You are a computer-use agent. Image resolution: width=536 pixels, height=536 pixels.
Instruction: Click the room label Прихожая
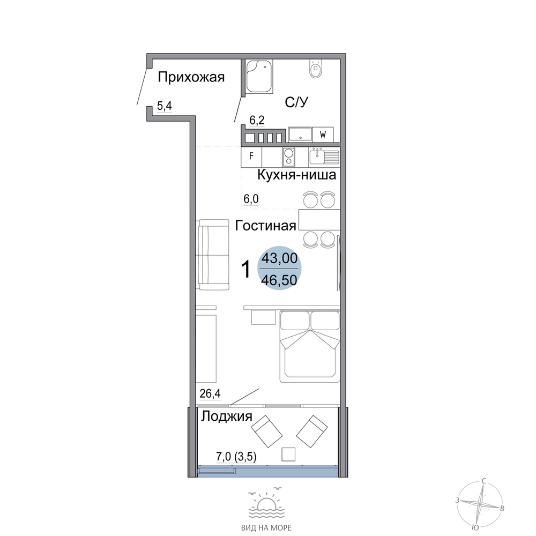(191, 78)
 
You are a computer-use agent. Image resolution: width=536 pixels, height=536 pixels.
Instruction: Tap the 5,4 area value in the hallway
(165, 106)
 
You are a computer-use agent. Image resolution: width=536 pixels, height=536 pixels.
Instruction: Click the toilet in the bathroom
(316, 69)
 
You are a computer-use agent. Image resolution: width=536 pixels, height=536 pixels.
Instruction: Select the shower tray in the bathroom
(259, 76)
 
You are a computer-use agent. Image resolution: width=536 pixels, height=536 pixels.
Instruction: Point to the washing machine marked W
(323, 135)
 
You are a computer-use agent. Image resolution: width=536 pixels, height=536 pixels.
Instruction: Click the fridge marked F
(251, 157)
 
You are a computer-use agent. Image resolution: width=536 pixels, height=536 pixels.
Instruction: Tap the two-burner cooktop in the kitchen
(289, 157)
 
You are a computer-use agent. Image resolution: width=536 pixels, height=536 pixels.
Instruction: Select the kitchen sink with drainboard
(324, 157)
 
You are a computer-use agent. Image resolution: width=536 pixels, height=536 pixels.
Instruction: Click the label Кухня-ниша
(297, 175)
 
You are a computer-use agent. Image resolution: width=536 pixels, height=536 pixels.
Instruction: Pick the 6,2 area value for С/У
(257, 120)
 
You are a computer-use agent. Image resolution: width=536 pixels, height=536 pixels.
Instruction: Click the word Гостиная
(266, 226)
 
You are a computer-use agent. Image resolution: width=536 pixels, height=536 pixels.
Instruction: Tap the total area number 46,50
(279, 280)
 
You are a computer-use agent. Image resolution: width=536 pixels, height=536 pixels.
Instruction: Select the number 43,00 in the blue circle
(279, 258)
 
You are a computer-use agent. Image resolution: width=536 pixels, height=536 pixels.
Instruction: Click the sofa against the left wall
(212, 255)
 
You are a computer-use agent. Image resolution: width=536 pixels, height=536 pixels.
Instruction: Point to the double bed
(310, 347)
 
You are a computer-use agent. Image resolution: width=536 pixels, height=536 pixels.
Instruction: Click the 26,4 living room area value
(210, 394)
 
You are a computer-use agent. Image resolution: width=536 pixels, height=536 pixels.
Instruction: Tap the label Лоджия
(227, 416)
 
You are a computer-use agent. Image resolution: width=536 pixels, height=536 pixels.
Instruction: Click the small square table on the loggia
(288, 455)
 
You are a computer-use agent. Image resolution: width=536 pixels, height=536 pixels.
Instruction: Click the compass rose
(480, 504)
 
